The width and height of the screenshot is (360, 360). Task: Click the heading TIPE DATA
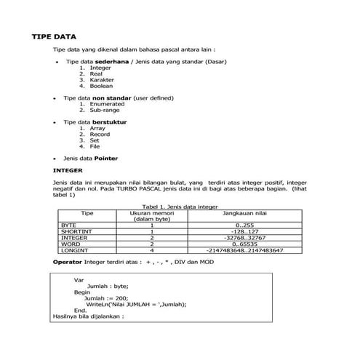(x=55, y=36)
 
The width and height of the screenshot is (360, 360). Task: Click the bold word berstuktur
(x=109, y=121)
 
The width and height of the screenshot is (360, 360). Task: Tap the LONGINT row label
(x=74, y=249)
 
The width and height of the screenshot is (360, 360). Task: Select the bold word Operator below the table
(x=68, y=260)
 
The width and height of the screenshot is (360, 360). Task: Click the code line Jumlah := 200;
(x=106, y=297)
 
